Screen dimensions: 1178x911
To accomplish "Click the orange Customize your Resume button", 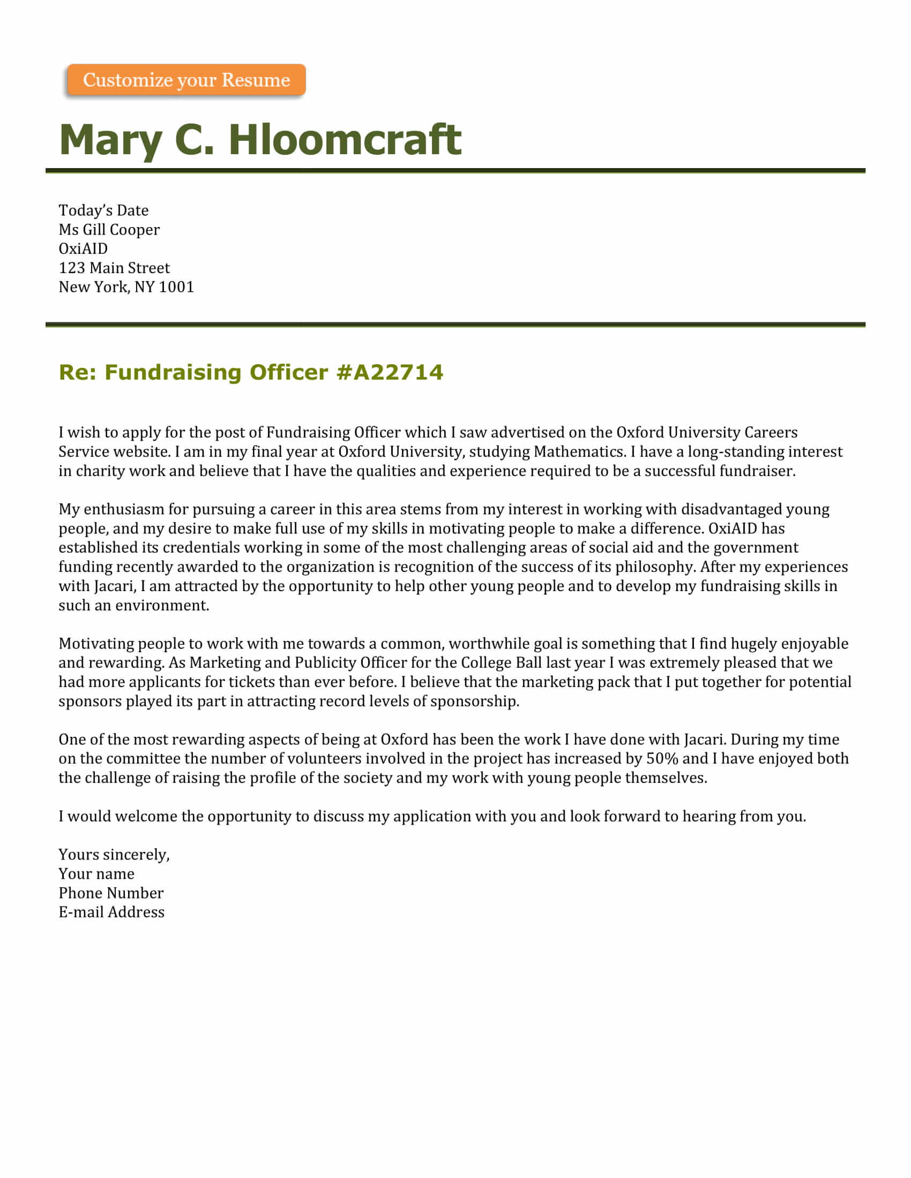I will pyautogui.click(x=186, y=80).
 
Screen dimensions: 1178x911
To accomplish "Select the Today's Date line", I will pyautogui.click(x=103, y=210).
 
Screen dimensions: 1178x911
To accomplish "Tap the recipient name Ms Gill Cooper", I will pyautogui.click(x=109, y=230).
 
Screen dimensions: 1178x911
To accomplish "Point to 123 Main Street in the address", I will pyautogui.click(x=114, y=268).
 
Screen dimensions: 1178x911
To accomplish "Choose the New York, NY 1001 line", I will pyautogui.click(x=126, y=287).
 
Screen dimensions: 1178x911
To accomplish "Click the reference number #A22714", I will pyautogui.click(x=389, y=372).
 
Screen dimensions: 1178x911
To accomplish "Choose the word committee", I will pyautogui.click(x=143, y=759).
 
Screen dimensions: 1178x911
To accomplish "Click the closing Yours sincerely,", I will pyautogui.click(x=114, y=855).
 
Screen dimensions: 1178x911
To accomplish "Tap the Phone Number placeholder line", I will pyautogui.click(x=110, y=893).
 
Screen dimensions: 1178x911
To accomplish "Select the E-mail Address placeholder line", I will pyautogui.click(x=111, y=912).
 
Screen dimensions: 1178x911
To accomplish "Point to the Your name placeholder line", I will pyautogui.click(x=96, y=874).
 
